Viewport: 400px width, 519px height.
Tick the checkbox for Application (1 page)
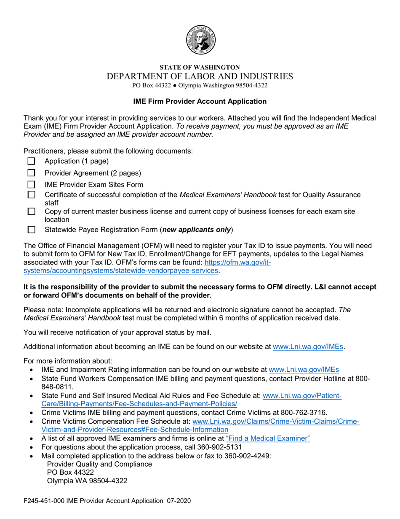point(31,161)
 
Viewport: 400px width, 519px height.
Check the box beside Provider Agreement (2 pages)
point(31,173)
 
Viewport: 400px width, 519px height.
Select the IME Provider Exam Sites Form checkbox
point(31,185)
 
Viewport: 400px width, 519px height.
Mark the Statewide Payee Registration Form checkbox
point(31,230)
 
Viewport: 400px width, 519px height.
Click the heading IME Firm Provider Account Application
point(200,101)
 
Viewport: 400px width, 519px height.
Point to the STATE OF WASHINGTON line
point(200,67)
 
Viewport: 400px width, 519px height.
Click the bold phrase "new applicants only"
point(197,230)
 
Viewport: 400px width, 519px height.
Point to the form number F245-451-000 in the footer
point(43,501)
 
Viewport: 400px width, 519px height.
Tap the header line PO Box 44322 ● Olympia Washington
point(200,86)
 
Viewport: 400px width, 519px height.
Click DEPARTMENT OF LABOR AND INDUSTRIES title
point(200,76)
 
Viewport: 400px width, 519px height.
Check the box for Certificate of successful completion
point(31,195)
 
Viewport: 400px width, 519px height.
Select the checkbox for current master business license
point(31,211)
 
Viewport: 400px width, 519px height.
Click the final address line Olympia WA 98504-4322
point(87,481)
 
